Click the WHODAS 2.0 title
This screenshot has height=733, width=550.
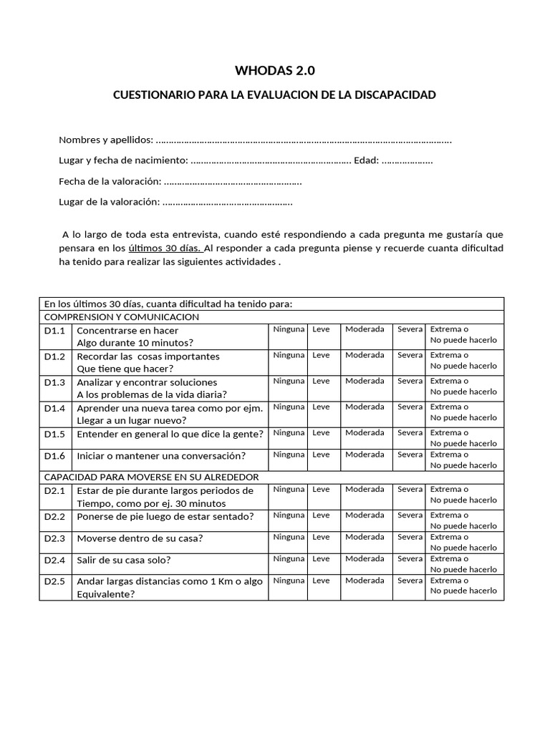point(275,70)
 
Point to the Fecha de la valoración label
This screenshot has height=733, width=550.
point(110,182)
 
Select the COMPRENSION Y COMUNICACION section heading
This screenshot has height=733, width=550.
point(122,316)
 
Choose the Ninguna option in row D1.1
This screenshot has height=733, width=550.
point(289,329)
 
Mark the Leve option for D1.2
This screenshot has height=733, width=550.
point(321,355)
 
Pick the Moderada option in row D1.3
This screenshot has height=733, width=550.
point(365,381)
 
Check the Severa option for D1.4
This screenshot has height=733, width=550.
point(410,407)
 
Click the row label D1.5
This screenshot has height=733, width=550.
point(54,434)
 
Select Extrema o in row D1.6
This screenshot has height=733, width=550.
point(449,455)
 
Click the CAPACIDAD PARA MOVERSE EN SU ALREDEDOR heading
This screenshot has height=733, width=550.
point(152,477)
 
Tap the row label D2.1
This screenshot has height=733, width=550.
point(54,491)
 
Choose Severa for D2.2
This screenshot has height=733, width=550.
point(410,515)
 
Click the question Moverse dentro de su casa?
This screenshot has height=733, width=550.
point(140,538)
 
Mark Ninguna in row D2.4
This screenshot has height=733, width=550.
point(289,559)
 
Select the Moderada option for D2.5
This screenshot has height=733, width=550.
point(365,581)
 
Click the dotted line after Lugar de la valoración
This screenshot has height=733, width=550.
point(228,203)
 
